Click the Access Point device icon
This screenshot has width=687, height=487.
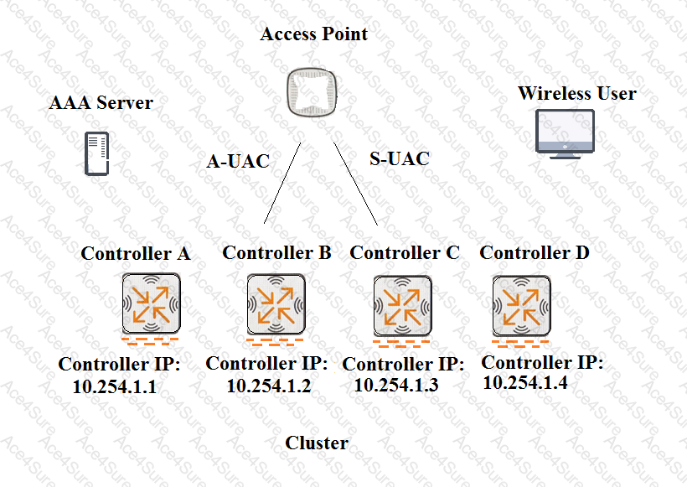(312, 92)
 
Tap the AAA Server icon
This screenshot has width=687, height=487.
(96, 153)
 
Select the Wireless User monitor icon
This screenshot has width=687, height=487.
(565, 134)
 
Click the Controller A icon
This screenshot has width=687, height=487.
(151, 303)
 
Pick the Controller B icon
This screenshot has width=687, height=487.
(276, 304)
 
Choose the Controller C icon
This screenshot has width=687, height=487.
(402, 305)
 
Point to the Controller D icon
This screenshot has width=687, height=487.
(521, 305)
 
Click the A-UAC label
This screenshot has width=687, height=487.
(238, 161)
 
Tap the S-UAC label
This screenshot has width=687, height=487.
(399, 158)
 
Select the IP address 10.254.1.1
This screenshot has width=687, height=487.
(114, 386)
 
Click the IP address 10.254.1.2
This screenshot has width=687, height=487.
(269, 386)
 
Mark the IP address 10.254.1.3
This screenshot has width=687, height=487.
(395, 385)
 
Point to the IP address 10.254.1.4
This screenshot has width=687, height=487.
(525, 383)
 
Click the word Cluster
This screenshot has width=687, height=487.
(317, 443)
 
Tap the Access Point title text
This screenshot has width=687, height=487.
(313, 34)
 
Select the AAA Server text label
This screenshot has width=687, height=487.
(101, 102)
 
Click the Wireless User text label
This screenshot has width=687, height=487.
(577, 93)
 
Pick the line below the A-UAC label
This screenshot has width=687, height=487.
(282, 183)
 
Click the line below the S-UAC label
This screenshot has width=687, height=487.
(355, 184)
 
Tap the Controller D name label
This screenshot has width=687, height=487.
(535, 252)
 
